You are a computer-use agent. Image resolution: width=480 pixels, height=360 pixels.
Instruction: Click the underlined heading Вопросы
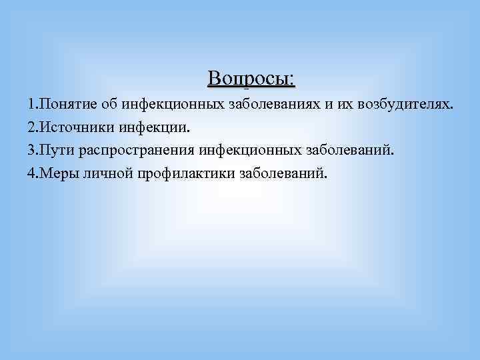click(251, 79)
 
